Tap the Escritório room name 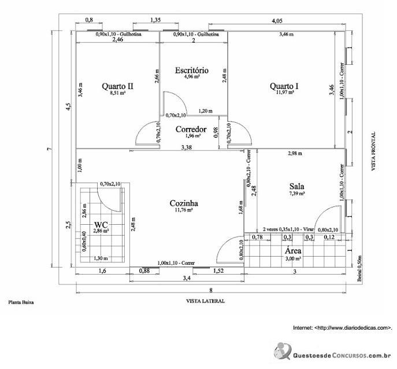coord(191,70)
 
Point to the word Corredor coord(191,129)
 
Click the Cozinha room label coord(184,203)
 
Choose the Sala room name coord(297,187)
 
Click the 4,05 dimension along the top coord(277,21)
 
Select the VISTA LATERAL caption coord(205,301)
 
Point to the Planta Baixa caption coord(20,302)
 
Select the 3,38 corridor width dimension coord(186,148)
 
